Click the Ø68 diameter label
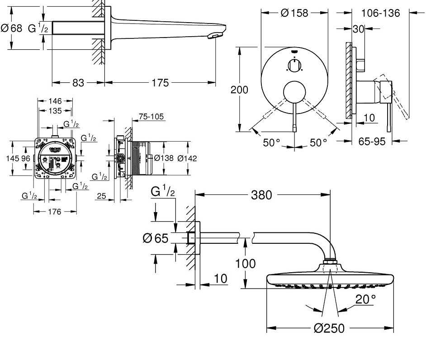(x=11, y=28)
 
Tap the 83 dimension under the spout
(x=78, y=83)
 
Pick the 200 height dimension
(x=239, y=90)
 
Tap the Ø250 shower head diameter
(x=329, y=328)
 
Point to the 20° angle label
(x=364, y=299)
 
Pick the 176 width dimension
(x=55, y=212)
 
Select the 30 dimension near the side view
(x=359, y=28)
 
